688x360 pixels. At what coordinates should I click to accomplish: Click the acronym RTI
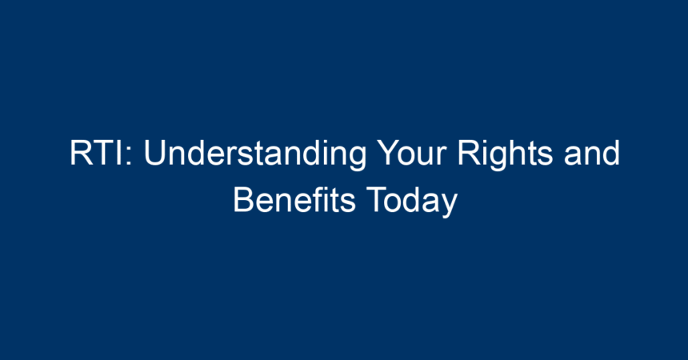(97, 153)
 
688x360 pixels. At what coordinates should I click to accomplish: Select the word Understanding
(255, 154)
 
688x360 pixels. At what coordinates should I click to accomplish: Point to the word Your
(412, 153)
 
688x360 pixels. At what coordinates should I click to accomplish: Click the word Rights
(505, 154)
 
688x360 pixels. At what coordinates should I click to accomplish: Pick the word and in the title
(592, 153)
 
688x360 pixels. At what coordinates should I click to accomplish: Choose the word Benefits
(294, 200)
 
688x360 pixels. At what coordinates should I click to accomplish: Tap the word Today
(412, 202)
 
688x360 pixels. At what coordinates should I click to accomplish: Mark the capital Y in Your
(389, 153)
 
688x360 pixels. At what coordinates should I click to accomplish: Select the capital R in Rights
(469, 153)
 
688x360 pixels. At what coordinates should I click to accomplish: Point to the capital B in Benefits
(243, 200)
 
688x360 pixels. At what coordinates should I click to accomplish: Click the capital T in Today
(376, 200)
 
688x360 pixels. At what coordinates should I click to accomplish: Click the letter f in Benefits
(318, 199)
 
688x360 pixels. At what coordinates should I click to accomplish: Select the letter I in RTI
(122, 153)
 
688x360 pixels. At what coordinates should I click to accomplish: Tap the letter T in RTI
(105, 153)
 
